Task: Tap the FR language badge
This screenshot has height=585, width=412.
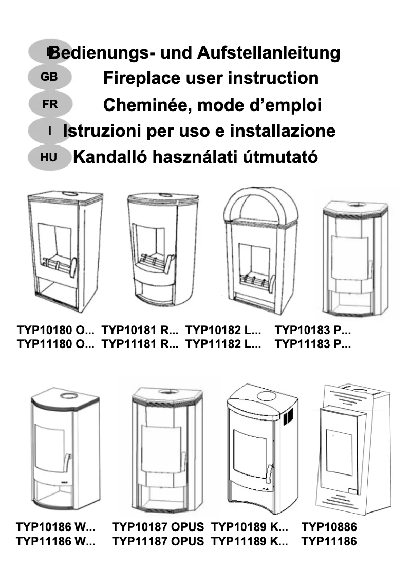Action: (x=50, y=104)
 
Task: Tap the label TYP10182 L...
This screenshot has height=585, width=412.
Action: (x=223, y=330)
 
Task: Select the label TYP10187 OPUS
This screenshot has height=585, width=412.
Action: (x=158, y=527)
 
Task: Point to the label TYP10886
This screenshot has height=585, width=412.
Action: (x=329, y=527)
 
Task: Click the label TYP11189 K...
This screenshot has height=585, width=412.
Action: (x=249, y=541)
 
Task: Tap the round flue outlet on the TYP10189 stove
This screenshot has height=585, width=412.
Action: (x=266, y=396)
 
